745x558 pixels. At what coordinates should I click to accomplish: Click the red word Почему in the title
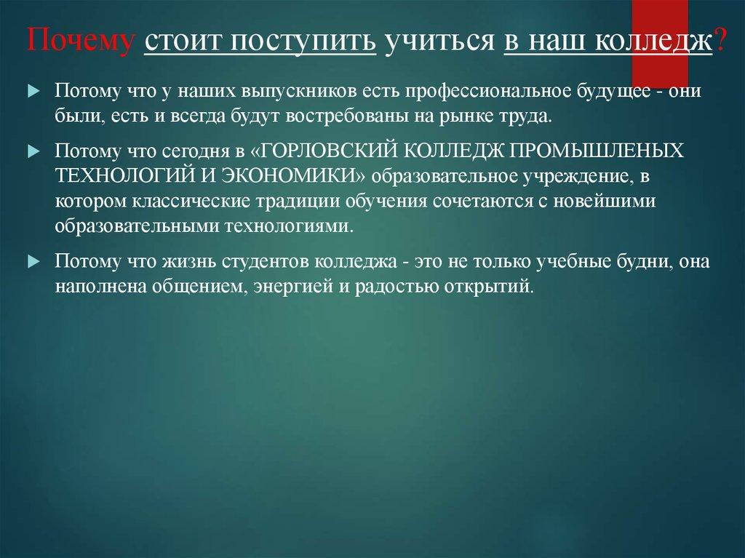81,41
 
